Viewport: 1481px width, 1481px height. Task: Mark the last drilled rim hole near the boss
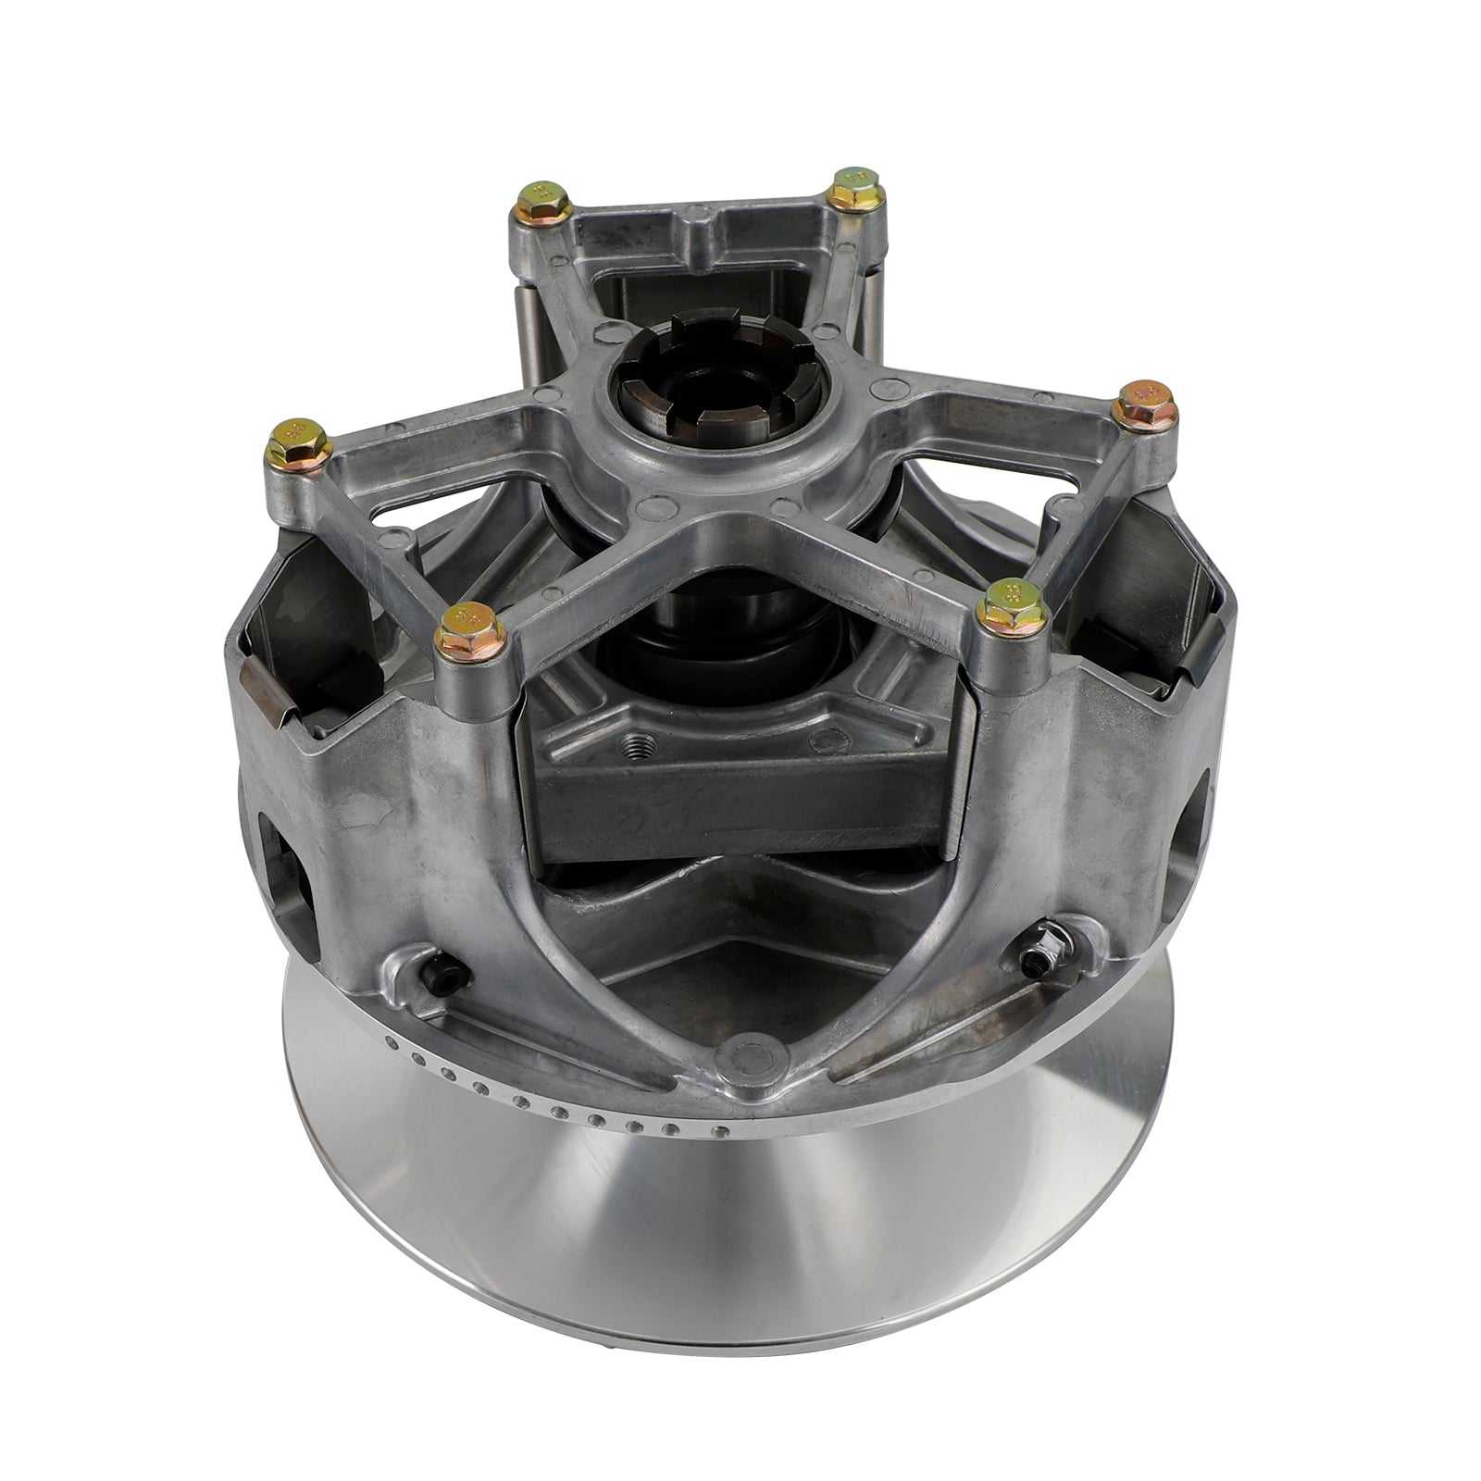[714, 1131]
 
